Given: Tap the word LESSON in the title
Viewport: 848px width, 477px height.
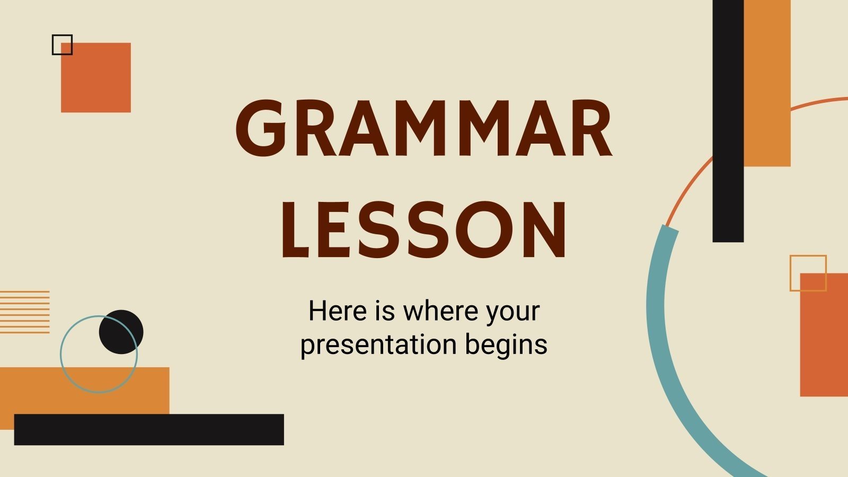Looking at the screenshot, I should coord(424,231).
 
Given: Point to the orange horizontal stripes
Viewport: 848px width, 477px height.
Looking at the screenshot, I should coord(24,312).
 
